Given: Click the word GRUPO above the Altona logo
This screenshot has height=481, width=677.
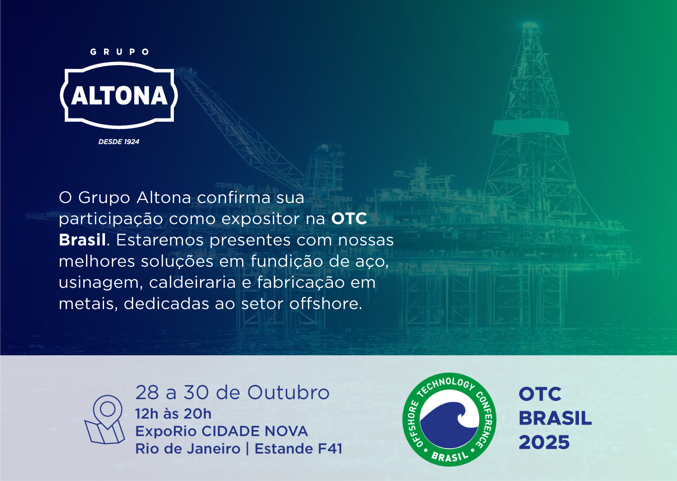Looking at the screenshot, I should click(119, 52).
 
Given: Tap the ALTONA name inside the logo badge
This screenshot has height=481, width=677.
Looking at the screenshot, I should click(119, 96).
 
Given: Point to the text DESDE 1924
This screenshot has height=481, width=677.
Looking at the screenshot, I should click(119, 142).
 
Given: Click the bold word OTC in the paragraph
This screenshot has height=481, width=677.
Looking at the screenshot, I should click(349, 219).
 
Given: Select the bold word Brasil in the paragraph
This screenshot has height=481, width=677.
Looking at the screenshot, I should click(82, 240).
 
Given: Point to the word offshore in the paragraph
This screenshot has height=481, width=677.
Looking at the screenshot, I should click(326, 304).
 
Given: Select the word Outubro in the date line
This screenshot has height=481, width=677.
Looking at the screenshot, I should click(289, 393).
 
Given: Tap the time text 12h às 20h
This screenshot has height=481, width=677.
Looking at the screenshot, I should click(173, 413).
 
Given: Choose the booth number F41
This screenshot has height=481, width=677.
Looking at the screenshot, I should click(330, 449).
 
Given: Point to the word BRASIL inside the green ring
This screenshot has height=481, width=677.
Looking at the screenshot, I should click(449, 456).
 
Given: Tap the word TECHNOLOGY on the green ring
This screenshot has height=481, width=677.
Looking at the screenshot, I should click(445, 385).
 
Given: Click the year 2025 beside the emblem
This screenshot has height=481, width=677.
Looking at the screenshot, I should click(544, 443).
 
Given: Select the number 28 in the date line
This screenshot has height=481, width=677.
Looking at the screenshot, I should click(147, 393).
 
